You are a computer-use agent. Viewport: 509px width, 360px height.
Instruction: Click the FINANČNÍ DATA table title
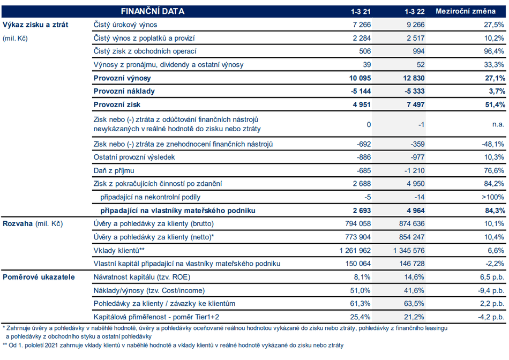coord(153,11)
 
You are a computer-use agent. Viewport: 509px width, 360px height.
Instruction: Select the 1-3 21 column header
coord(361,12)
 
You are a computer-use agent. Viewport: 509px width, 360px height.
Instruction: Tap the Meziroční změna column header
coord(466,11)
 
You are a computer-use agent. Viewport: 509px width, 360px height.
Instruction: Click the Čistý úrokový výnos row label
coord(125,25)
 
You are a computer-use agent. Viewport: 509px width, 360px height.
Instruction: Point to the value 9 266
coord(416,25)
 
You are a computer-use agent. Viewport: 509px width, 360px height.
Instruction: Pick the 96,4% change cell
coord(494,51)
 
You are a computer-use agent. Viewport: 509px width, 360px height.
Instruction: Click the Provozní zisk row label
coord(117,104)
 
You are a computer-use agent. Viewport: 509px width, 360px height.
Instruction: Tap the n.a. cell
coord(498,124)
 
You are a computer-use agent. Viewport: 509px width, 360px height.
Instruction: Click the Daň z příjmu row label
coord(114,171)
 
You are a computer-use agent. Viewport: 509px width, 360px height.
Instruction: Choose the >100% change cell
coord(493,197)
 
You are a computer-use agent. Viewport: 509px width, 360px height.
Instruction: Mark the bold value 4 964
coord(416,211)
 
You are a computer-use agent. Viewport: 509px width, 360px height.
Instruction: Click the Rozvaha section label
coord(18,224)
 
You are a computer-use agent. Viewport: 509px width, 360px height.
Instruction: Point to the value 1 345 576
coord(409,251)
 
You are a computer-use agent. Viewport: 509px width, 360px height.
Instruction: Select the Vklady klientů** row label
coord(119,251)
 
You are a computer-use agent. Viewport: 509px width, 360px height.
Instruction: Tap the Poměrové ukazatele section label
coord(39,277)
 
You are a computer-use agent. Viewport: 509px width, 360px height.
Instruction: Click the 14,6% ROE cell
coord(414,277)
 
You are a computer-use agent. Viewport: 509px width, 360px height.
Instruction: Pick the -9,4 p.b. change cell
coord(491,290)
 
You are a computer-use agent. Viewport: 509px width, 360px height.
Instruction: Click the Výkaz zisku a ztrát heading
coord(35,25)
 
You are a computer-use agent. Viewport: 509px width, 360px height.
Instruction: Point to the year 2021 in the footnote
coord(51,346)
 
